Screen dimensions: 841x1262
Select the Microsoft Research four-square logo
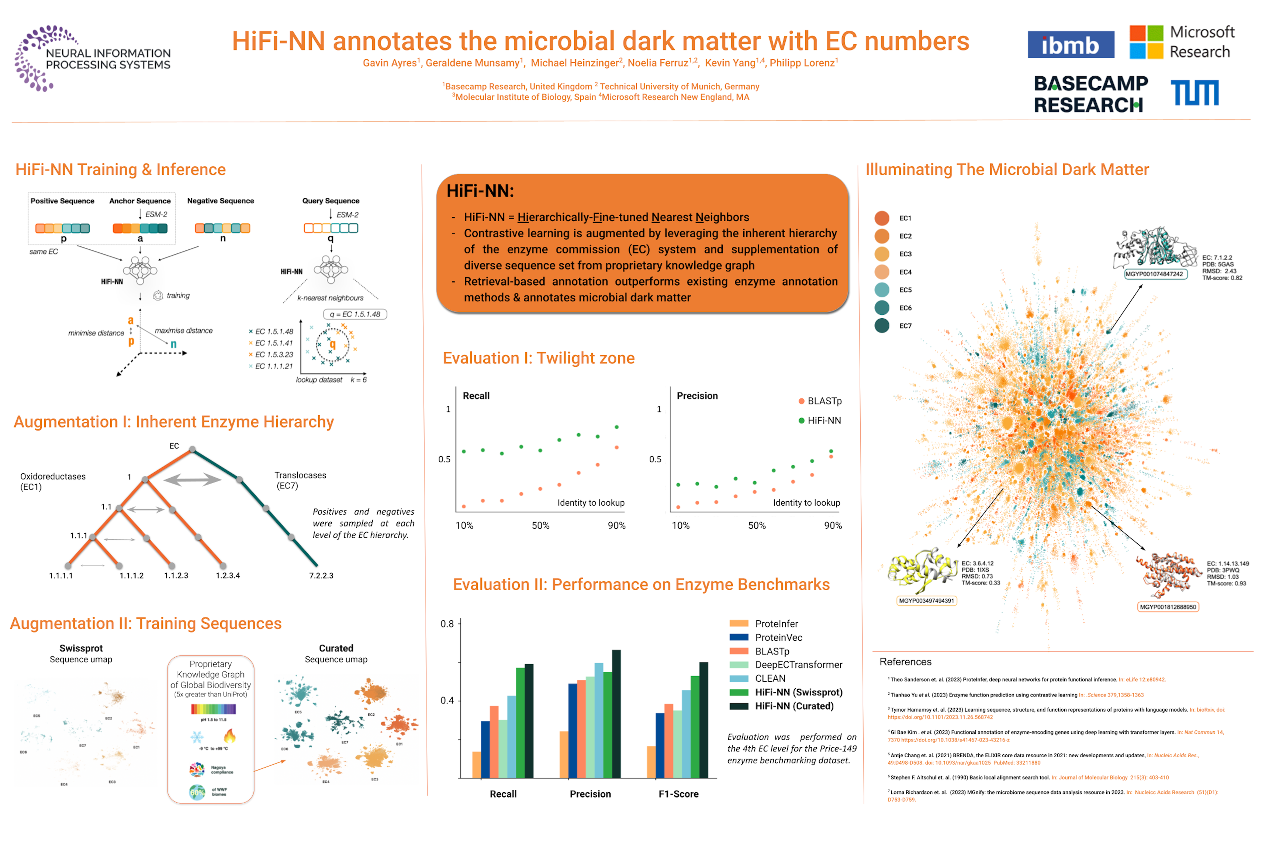click(1146, 42)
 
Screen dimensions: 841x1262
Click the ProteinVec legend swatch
click(739, 637)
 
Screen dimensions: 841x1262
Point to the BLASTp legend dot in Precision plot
click(801, 401)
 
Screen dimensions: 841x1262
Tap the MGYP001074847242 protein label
click(1155, 274)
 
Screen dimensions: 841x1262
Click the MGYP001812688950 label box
click(1167, 607)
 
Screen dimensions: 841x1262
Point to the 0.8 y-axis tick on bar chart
click(447, 624)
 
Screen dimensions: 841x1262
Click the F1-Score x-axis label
click(678, 794)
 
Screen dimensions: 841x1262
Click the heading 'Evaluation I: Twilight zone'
click(538, 358)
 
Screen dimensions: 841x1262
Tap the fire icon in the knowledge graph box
click(229, 736)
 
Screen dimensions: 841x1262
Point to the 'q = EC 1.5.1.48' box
click(355, 314)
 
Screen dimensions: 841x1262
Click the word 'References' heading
click(905, 662)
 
